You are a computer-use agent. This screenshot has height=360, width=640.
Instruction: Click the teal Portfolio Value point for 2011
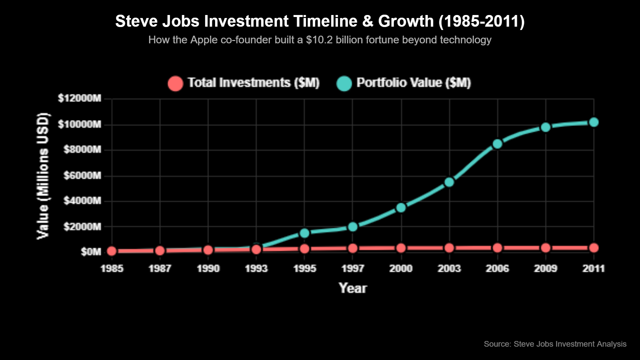click(x=594, y=122)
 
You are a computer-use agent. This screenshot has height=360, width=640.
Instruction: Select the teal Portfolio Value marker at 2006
click(x=497, y=144)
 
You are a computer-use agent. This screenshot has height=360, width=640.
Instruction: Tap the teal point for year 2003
click(x=449, y=182)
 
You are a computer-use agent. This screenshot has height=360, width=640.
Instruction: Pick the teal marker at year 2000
click(x=401, y=208)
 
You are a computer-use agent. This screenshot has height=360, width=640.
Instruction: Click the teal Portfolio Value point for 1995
click(x=304, y=233)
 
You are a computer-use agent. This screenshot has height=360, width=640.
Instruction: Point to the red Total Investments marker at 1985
click(x=112, y=251)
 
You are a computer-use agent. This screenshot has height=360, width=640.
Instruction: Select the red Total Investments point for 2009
click(x=546, y=248)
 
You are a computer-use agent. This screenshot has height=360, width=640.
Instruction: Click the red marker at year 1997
click(x=353, y=248)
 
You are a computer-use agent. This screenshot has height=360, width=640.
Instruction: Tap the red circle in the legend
click(x=175, y=83)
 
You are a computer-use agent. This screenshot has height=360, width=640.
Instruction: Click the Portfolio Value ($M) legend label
click(x=413, y=83)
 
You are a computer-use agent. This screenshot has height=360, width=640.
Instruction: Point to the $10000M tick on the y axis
click(x=79, y=125)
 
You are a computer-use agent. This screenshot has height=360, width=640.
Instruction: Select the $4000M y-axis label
click(x=82, y=201)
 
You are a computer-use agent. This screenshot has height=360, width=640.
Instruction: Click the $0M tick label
click(x=91, y=252)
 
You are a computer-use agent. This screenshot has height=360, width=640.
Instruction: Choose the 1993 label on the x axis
click(x=256, y=269)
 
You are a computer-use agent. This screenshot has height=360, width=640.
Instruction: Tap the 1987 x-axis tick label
click(x=160, y=269)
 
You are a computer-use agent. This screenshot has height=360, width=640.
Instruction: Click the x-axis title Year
click(x=353, y=288)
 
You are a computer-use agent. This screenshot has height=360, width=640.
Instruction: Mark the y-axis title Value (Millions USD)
click(x=43, y=176)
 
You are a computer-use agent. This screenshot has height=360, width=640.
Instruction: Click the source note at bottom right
click(x=555, y=344)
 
